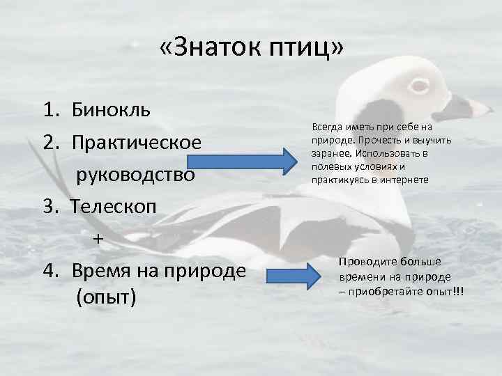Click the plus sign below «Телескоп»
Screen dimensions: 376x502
coord(98,238)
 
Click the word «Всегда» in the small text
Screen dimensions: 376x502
coord(326,127)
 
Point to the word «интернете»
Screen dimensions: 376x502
coord(405,180)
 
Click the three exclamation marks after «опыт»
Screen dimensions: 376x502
coord(458,289)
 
